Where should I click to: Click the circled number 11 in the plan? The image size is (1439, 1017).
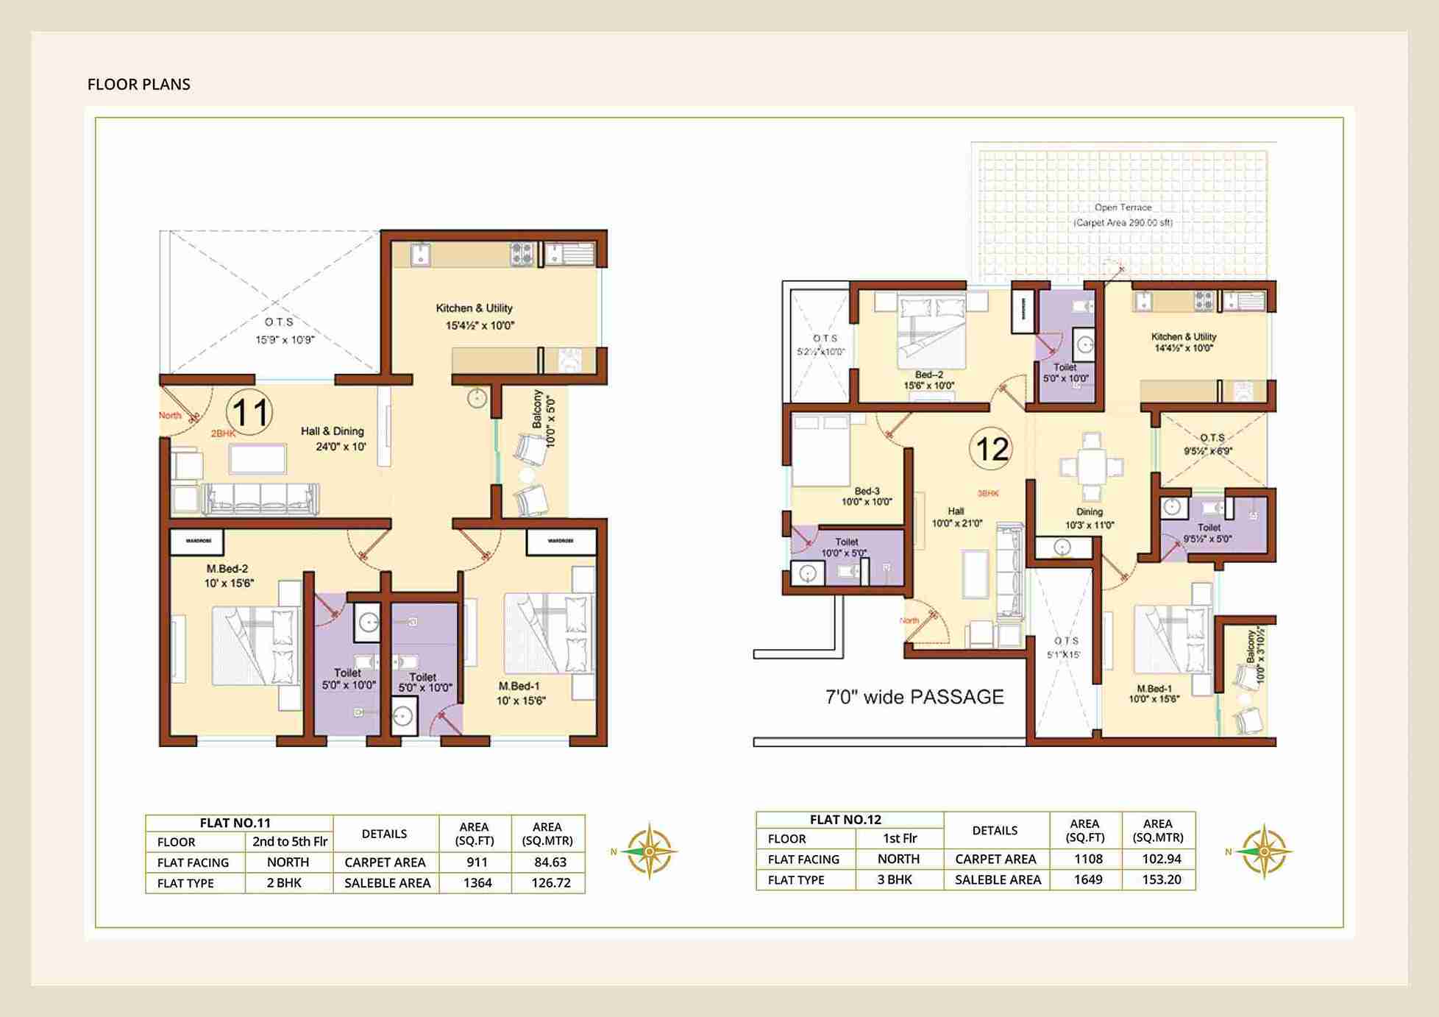point(249,412)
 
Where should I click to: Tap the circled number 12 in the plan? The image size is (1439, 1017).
point(990,449)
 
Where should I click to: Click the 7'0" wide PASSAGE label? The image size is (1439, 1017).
point(914,697)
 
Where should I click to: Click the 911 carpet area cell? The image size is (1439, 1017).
point(476,862)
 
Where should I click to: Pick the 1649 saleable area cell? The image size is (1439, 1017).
point(1087,879)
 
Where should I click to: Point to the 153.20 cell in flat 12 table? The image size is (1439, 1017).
point(1161,879)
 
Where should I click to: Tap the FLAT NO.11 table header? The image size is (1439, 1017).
point(235,823)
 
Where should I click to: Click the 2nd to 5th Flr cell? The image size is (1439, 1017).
point(289,841)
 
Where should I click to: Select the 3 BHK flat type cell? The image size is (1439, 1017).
point(895,879)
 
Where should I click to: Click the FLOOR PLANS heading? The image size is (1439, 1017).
point(138,84)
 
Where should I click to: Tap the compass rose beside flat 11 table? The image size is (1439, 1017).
point(648,851)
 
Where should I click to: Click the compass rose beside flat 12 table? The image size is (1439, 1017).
point(1262,851)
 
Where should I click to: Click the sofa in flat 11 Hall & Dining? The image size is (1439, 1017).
point(260,498)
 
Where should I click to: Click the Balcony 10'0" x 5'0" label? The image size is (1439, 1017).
point(543,418)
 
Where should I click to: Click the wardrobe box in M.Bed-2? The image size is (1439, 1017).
point(199,541)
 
